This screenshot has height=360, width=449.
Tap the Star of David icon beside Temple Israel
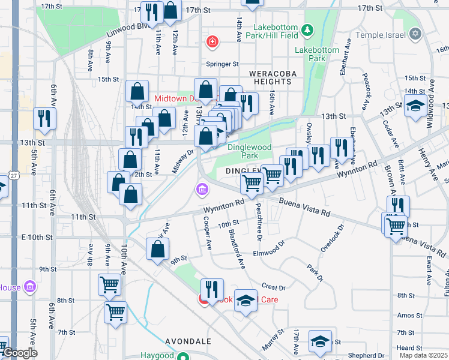[x=415, y=32]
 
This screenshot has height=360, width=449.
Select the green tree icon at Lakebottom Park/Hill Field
[x=307, y=29]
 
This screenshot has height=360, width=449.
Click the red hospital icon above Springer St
[x=211, y=41]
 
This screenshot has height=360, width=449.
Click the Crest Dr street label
[x=273, y=287]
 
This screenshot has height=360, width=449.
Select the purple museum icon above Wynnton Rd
[x=202, y=190]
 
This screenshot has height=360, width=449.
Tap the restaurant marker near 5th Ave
[x=44, y=118]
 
